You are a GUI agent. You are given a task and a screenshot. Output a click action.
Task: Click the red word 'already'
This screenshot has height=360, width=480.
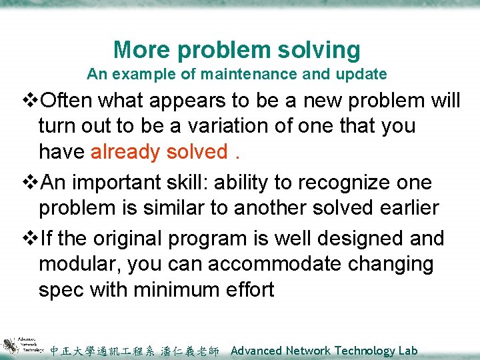125,152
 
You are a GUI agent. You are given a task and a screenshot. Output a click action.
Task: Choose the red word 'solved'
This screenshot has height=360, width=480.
197,152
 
